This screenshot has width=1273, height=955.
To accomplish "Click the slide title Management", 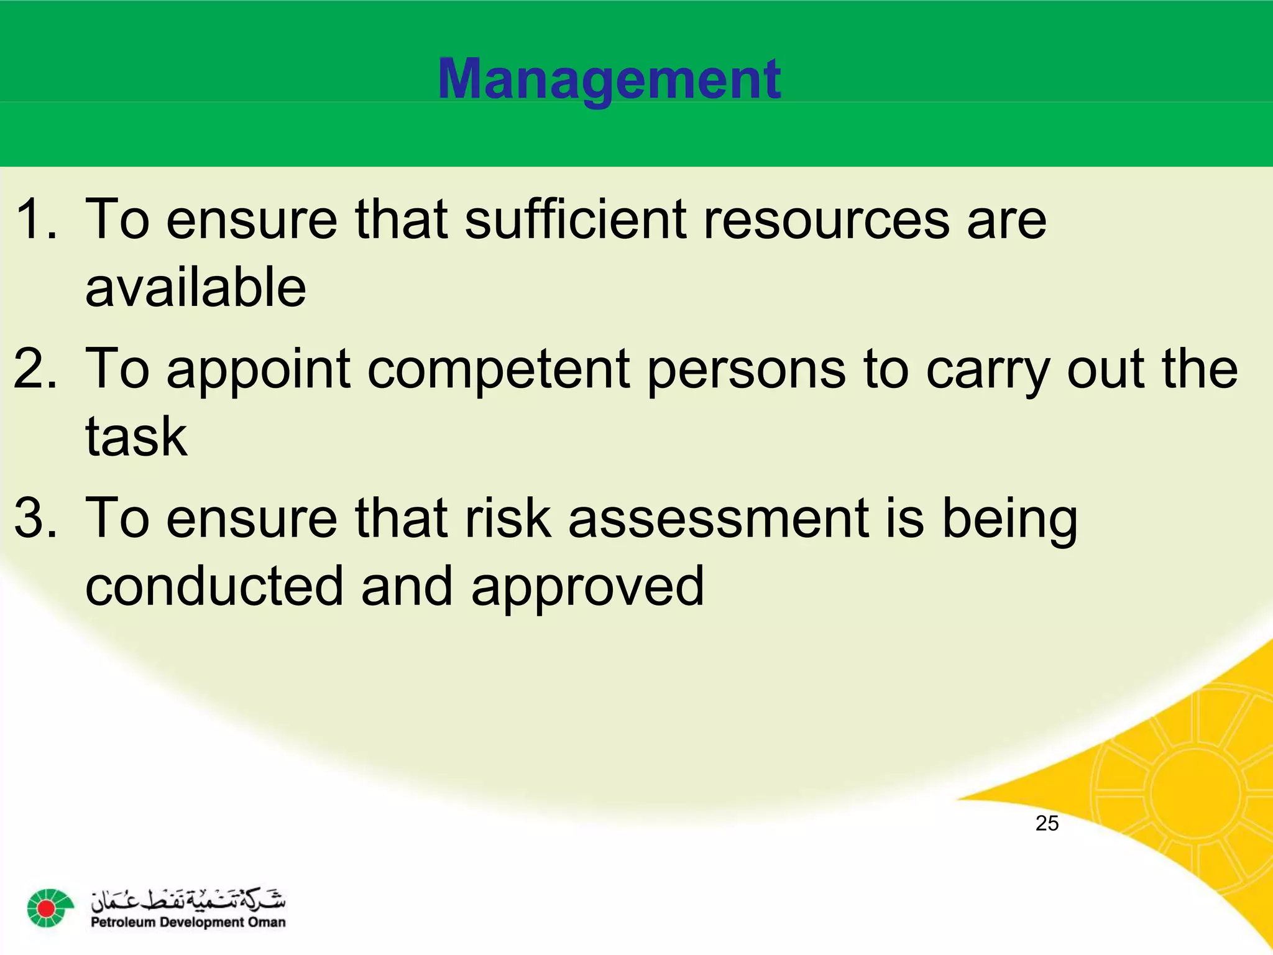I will pyautogui.click(x=609, y=80).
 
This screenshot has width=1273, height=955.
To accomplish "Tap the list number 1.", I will pyautogui.click(x=36, y=219).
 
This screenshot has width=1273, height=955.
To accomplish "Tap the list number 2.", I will pyautogui.click(x=36, y=369).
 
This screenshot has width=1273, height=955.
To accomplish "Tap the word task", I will pyautogui.click(x=136, y=436).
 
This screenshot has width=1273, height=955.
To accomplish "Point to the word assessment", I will pyautogui.click(x=718, y=519).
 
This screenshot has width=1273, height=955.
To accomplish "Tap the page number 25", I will pyautogui.click(x=1047, y=823).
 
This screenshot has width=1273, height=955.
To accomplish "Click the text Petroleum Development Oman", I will pyautogui.click(x=188, y=923).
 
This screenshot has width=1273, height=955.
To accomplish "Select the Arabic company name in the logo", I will pyautogui.click(x=188, y=899).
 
